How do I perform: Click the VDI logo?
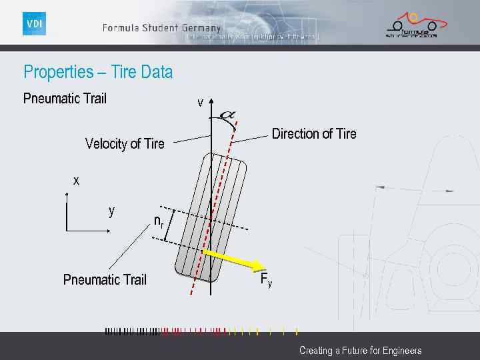click(x=34, y=24)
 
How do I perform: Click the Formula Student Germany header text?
click(x=161, y=28)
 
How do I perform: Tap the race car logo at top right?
click(x=411, y=25)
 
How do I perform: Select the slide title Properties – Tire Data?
click(x=98, y=72)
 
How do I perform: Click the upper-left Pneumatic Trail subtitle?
click(x=65, y=99)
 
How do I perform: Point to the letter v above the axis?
click(x=200, y=103)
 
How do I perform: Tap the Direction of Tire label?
click(x=314, y=134)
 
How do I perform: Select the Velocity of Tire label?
click(x=125, y=144)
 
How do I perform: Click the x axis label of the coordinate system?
click(x=76, y=181)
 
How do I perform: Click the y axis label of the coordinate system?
click(x=112, y=211)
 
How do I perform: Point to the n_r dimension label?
click(x=159, y=221)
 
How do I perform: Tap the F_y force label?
click(x=265, y=279)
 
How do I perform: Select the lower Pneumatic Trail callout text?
click(x=105, y=279)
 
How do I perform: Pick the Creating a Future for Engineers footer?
click(x=360, y=350)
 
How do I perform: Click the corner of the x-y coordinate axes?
click(x=67, y=231)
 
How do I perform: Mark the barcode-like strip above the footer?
click(x=200, y=331)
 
